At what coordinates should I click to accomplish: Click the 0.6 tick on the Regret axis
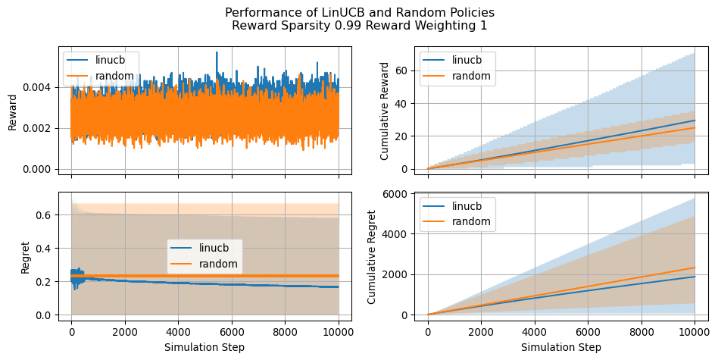coord(45,215)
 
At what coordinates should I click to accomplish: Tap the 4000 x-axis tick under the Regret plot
coord(178,331)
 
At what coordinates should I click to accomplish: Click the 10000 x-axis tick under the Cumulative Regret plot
coord(695,331)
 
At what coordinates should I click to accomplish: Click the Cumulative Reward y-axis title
coord(385,111)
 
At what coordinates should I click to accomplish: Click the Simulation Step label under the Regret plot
coord(204,347)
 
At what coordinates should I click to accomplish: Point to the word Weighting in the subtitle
coord(453,26)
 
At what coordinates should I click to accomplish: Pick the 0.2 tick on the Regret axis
coord(45,282)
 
